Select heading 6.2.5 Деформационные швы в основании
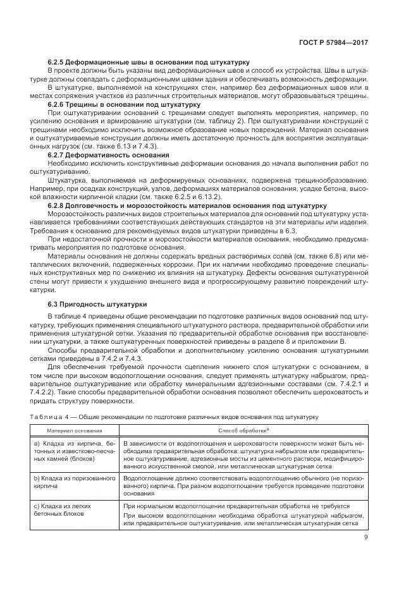tap(148, 62)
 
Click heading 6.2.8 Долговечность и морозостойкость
tap(187, 205)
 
